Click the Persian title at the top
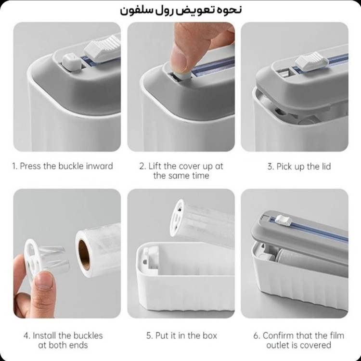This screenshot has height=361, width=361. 180,11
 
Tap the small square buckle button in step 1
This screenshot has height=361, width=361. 72,62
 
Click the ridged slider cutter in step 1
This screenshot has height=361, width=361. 103,48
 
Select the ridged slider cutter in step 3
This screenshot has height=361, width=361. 311,61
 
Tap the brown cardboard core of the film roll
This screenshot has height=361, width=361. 84,255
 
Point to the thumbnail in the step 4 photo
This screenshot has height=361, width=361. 44,280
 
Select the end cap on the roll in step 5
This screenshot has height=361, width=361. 177,219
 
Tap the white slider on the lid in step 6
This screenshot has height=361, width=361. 284,220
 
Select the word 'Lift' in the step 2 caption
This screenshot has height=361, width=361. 155,166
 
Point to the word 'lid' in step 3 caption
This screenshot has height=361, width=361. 325,166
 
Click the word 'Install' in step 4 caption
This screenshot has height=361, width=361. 45,335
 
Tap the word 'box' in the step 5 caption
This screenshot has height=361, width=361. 210,335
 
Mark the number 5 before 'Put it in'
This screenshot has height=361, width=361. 149,335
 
